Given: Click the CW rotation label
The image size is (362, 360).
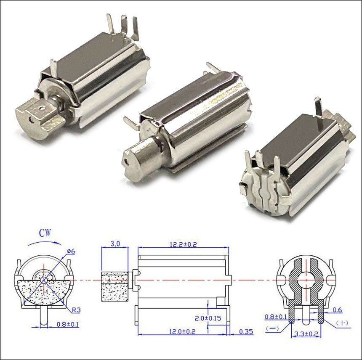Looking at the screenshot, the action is click(x=45, y=233).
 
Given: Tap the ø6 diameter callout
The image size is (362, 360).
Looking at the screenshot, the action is click(x=71, y=251).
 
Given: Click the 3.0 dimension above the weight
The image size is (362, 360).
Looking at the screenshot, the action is click(x=115, y=244).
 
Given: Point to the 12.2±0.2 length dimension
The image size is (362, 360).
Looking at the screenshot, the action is click(x=183, y=244).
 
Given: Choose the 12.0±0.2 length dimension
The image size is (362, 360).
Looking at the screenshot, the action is click(x=182, y=332).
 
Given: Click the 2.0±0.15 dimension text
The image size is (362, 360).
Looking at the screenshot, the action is click(x=208, y=318).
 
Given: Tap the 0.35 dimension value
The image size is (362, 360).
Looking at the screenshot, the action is click(x=246, y=332).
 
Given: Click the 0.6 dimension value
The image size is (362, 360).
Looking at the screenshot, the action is click(x=337, y=310).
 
